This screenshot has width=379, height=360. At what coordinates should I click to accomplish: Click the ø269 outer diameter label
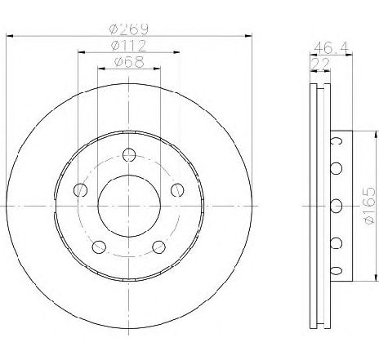point(129,29)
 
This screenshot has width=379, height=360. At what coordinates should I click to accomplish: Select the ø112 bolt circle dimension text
point(129,46)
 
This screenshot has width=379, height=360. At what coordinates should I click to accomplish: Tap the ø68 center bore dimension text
point(129,62)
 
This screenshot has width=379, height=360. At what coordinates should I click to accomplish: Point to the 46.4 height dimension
point(331,48)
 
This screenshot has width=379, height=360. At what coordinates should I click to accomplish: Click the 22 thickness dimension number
point(320,64)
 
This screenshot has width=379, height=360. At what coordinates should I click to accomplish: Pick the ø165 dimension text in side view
point(369,206)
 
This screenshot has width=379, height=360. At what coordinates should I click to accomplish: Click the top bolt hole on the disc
point(129,155)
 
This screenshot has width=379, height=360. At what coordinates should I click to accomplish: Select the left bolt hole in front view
point(80,190)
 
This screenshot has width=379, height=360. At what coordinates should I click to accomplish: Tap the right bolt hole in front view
point(177,190)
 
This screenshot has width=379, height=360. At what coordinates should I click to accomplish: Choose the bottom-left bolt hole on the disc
point(99,247)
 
